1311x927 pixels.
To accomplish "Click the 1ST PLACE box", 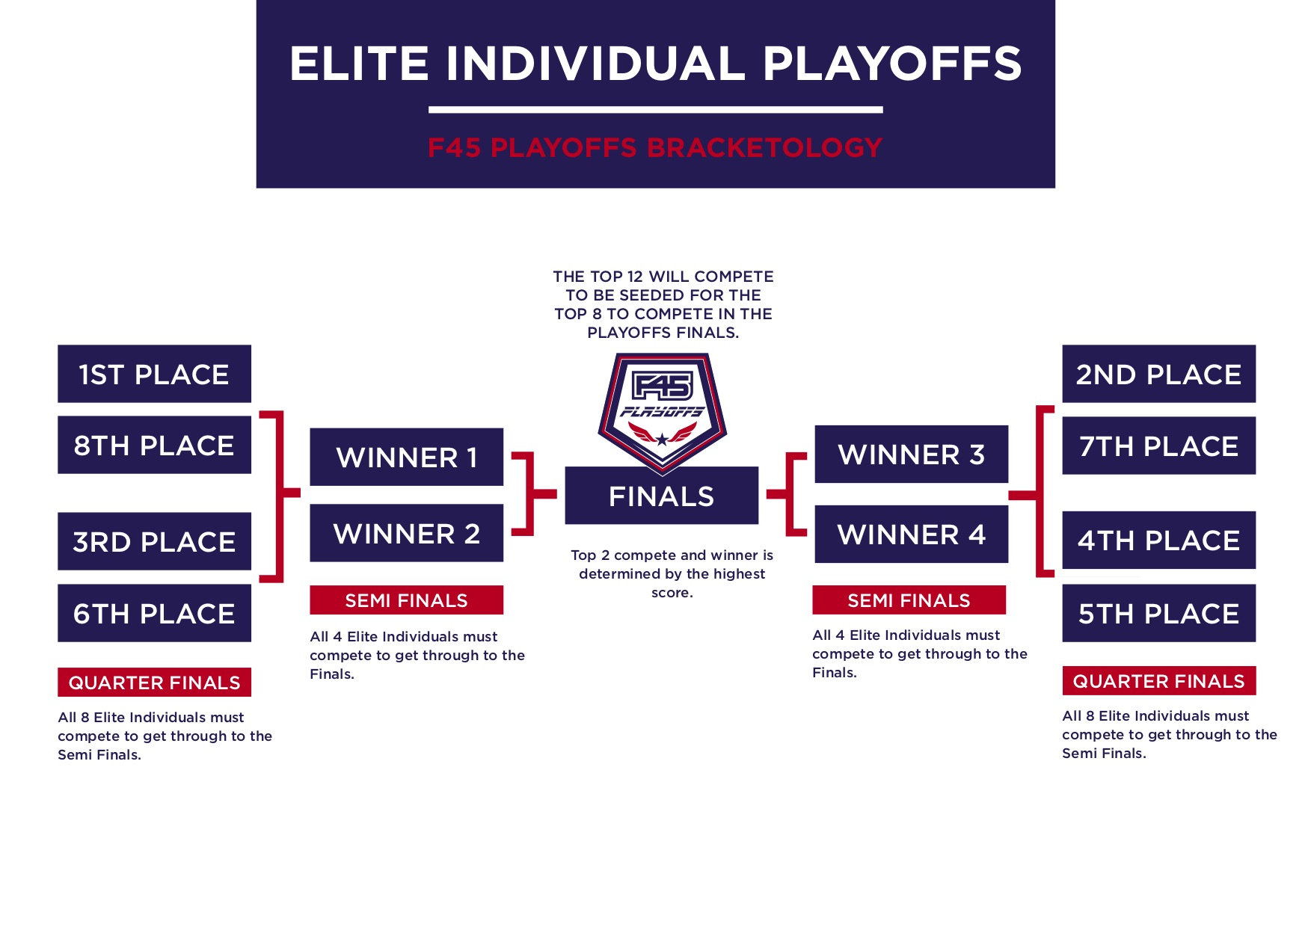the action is click(154, 374).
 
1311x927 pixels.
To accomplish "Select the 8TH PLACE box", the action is click(154, 445).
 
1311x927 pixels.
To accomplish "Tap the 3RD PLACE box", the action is click(154, 541).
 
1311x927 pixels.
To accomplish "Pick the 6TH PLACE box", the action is click(154, 613).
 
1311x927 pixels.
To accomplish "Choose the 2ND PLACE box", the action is click(1158, 374).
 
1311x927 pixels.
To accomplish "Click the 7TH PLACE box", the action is click(1158, 446).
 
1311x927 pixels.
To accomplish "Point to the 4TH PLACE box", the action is click(1158, 540).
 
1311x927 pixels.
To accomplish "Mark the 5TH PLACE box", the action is click(1158, 613).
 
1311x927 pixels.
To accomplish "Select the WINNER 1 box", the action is click(406, 457).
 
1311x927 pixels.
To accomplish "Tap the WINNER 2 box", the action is click(406, 533).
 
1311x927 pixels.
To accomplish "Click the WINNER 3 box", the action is click(911, 454).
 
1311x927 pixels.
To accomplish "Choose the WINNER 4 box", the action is click(911, 534).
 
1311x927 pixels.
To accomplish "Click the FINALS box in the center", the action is click(661, 496).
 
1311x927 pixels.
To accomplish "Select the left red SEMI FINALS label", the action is click(406, 600).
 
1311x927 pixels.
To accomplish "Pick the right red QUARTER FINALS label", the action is click(1158, 680).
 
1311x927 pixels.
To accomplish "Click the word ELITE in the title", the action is click(358, 64).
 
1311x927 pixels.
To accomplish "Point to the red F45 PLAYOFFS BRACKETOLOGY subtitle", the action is click(655, 147).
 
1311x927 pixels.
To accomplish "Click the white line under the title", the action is click(655, 110).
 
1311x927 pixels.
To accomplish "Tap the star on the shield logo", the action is click(662, 439).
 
